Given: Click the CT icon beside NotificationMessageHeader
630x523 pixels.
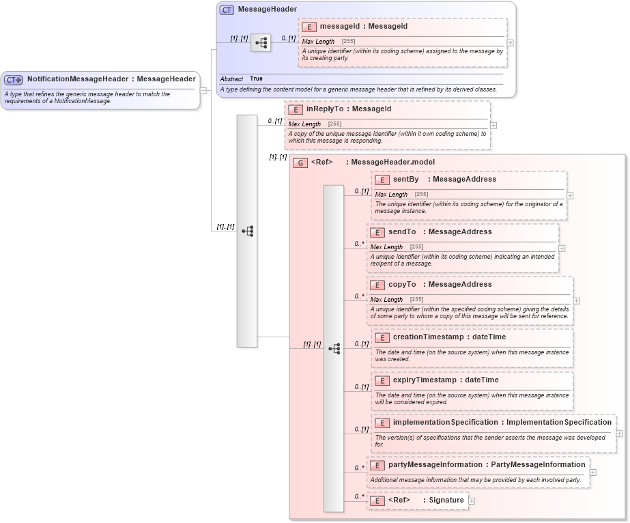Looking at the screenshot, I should point(14,79).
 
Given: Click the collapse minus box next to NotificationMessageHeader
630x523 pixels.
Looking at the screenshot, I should point(203,90).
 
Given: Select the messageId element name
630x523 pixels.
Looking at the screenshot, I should point(339,27).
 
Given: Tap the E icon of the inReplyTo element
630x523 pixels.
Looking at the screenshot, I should point(296,109).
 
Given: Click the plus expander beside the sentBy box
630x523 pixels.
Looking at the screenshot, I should point(570,195).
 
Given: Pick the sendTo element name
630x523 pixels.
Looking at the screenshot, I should point(401,232).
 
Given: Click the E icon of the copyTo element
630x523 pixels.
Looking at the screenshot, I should point(377,285).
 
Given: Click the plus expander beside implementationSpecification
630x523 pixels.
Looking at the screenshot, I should point(619,433).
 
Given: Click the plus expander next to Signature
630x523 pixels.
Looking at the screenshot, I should point(472,501).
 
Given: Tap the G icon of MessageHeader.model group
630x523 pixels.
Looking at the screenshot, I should point(300,162).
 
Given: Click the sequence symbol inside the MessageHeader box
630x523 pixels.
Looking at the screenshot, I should point(260,43).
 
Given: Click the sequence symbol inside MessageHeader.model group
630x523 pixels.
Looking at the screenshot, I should point(333,348).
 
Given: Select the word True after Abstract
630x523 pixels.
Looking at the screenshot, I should point(256,79).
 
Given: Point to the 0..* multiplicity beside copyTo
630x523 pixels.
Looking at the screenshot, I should point(359,296).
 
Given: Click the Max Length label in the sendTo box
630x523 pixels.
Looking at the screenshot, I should point(386,247).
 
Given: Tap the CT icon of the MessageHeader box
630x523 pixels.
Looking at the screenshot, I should point(227,10).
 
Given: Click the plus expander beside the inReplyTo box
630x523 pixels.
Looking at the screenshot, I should point(493,126).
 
